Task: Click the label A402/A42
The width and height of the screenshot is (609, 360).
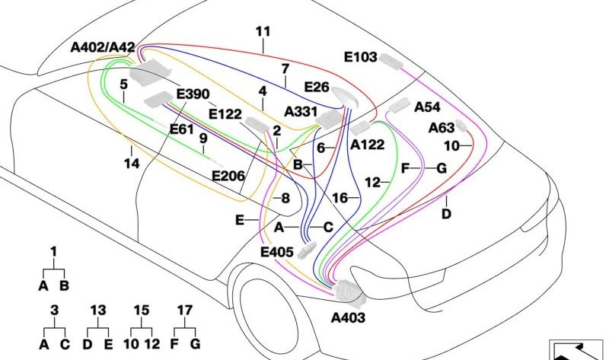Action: click(x=103, y=48)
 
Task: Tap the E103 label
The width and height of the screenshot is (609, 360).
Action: click(x=361, y=56)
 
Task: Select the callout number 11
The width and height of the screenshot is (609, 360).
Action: click(x=263, y=32)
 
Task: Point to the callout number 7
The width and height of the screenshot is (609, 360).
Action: click(x=285, y=69)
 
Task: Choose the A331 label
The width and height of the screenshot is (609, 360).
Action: click(x=301, y=112)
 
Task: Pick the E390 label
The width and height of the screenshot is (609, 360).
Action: click(x=192, y=94)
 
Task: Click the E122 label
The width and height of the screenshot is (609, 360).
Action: click(x=225, y=115)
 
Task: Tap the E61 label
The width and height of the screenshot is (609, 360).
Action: click(x=182, y=129)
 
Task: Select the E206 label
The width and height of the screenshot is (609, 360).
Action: click(x=228, y=176)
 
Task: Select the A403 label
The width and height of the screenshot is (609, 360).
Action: click(x=348, y=317)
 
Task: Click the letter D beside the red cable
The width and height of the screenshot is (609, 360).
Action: click(x=446, y=214)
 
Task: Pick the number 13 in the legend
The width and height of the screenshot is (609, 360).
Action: click(x=98, y=311)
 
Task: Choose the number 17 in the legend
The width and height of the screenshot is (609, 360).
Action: click(x=185, y=311)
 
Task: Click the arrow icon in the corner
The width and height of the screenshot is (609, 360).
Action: click(x=577, y=349)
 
